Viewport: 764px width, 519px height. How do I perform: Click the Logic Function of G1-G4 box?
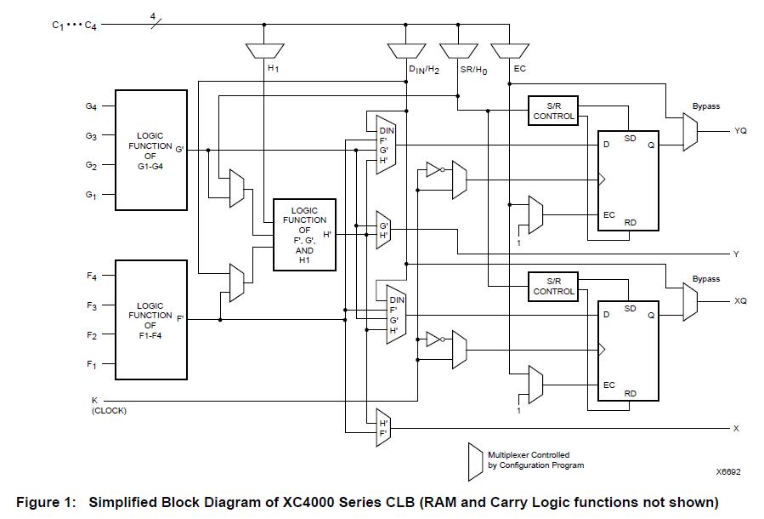(x=150, y=150)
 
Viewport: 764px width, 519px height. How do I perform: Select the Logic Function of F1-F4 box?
(x=150, y=320)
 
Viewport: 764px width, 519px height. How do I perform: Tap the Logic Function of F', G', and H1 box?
(x=304, y=234)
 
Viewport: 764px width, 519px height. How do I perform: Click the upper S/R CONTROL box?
(x=553, y=111)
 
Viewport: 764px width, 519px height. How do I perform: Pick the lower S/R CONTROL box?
(x=553, y=287)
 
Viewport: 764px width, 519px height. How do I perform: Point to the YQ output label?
(x=740, y=131)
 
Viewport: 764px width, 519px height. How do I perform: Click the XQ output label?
(x=740, y=302)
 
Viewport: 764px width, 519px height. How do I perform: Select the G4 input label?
(x=90, y=106)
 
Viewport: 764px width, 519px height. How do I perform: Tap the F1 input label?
(x=90, y=365)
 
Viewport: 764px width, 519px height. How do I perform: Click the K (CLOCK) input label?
(x=108, y=405)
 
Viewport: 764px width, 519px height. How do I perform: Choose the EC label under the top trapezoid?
(x=519, y=69)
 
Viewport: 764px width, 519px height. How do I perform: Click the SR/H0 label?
(x=473, y=69)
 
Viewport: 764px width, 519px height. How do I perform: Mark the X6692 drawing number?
(x=728, y=471)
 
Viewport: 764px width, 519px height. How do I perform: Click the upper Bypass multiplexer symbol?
(x=690, y=132)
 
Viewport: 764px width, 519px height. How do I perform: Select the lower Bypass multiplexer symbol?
(x=690, y=303)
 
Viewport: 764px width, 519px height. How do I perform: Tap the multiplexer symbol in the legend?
(x=474, y=459)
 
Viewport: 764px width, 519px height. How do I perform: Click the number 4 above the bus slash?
(x=152, y=16)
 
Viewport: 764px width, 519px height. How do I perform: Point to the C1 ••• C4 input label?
(x=74, y=26)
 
